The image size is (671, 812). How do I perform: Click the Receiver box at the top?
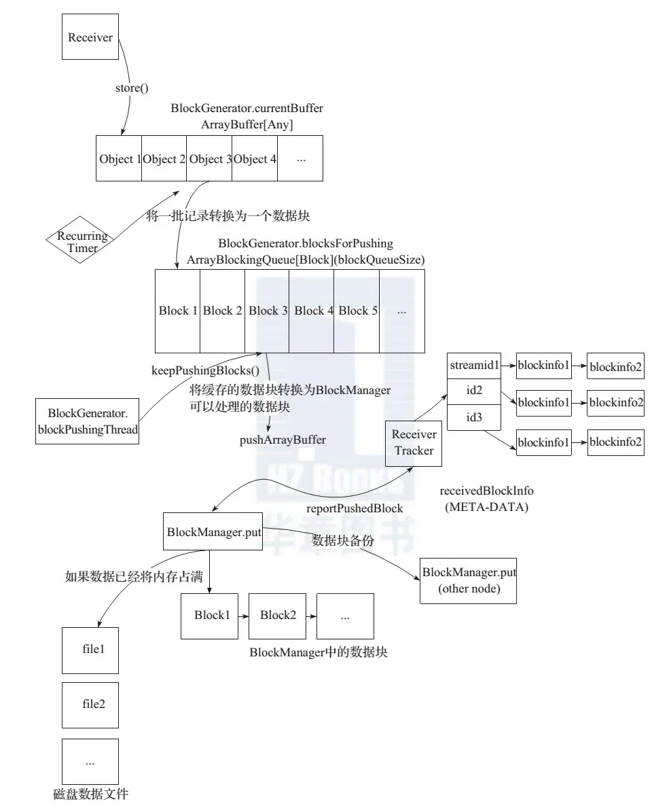(90, 37)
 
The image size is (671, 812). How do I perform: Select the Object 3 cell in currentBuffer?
(210, 159)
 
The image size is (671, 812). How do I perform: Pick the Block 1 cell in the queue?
(178, 311)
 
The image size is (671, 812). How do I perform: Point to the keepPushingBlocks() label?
(205, 370)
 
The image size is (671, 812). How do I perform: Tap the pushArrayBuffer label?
(283, 440)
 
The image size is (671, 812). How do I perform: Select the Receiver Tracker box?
(414, 443)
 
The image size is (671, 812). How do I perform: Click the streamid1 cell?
(474, 366)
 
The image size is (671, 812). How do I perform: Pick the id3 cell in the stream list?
(474, 418)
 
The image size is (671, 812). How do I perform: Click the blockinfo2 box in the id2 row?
(616, 403)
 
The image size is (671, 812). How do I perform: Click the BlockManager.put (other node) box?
(469, 580)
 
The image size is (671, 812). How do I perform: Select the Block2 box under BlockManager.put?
(278, 616)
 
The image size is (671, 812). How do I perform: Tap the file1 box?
(90, 649)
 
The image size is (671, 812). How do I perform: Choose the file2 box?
(90, 703)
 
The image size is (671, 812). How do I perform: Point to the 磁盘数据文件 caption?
(90, 794)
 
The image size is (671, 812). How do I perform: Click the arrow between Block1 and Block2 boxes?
(242, 616)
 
